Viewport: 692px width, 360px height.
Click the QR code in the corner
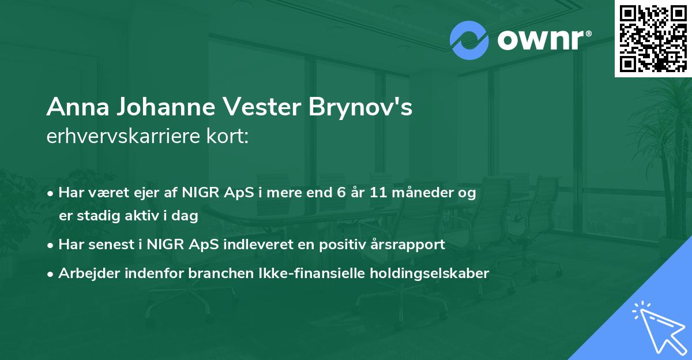pyautogui.click(x=653, y=38)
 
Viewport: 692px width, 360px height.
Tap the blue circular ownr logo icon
pyautogui.click(x=469, y=40)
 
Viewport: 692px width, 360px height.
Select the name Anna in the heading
pyautogui.click(x=70, y=108)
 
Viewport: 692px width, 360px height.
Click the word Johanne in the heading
pyautogui.click(x=150, y=108)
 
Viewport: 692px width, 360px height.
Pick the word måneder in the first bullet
pyautogui.click(x=423, y=193)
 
